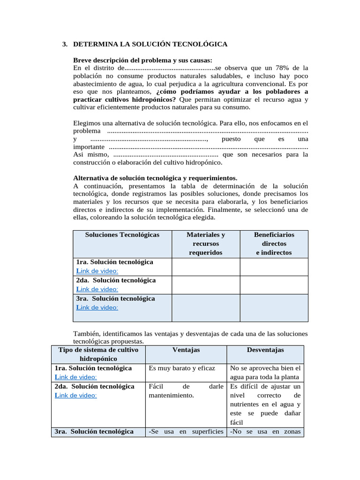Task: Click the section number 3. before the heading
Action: [65, 44]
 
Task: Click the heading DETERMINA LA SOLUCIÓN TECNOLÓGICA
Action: [150, 44]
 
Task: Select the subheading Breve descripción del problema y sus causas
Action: [143, 60]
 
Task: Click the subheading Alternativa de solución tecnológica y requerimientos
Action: [155, 178]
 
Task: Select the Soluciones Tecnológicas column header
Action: [122, 235]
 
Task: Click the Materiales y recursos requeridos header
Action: [206, 244]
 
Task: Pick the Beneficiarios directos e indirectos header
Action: [274, 244]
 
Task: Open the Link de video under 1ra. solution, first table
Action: [97, 271]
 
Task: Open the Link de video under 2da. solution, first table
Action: [97, 289]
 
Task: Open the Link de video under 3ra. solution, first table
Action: [97, 307]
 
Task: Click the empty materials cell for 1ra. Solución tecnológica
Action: [206, 267]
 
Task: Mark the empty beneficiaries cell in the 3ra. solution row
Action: [274, 308]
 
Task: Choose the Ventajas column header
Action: [186, 350]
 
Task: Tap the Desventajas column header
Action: [265, 350]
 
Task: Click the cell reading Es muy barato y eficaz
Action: [182, 368]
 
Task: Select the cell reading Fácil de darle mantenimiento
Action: [186, 391]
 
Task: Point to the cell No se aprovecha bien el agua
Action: [265, 373]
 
